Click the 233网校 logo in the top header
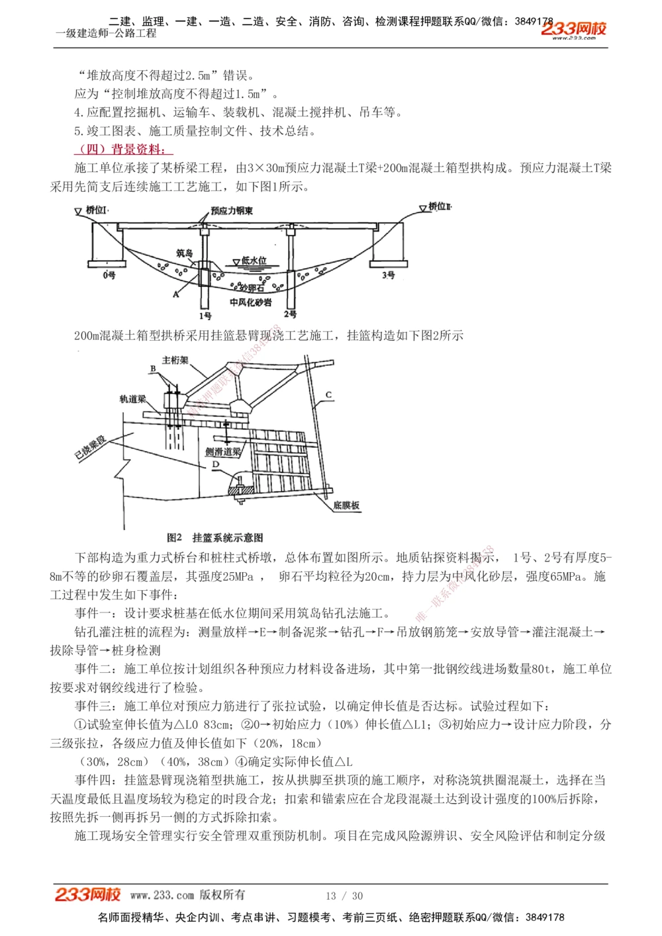coord(573,29)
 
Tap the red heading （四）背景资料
coord(122,149)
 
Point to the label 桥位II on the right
coord(440,207)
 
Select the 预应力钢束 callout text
coord(232,211)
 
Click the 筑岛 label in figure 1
coord(184,253)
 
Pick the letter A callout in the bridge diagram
coord(176,294)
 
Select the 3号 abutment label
coord(389,275)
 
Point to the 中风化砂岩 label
coord(250,302)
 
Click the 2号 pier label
coord(290,314)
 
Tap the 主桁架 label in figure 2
coord(175,360)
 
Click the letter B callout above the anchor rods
coord(153,369)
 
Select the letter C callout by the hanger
coord(328,395)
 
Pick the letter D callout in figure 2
coord(215,464)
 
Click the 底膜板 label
coord(346,505)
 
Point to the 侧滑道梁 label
coord(222,452)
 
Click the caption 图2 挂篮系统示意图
coord(215,538)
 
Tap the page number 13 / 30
coord(344,896)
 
